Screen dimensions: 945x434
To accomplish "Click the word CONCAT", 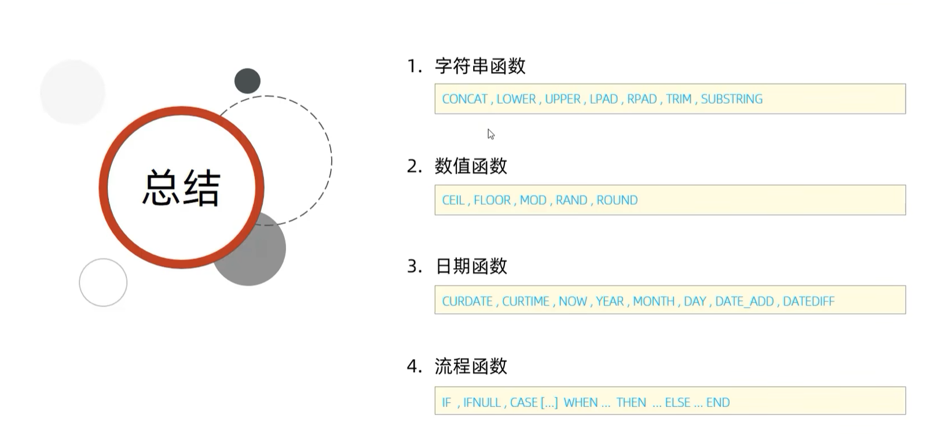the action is pyautogui.click(x=464, y=99).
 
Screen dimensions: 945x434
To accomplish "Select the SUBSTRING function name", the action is pyautogui.click(x=731, y=99).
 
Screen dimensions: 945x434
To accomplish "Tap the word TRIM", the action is pyautogui.click(x=678, y=99).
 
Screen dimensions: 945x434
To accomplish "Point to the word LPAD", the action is pyautogui.click(x=603, y=99).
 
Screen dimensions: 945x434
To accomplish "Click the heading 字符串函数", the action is pyautogui.click(x=480, y=66).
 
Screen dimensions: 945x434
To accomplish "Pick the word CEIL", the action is pyautogui.click(x=453, y=200).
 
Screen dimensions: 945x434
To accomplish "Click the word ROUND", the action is pyautogui.click(x=617, y=200).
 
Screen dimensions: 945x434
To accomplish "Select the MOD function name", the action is pyautogui.click(x=533, y=200).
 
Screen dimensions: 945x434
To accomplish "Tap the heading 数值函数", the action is pyautogui.click(x=471, y=166).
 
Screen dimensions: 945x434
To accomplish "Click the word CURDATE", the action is pyautogui.click(x=467, y=301).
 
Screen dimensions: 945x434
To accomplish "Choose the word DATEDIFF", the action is pyautogui.click(x=808, y=301).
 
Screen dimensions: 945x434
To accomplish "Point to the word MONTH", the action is pyautogui.click(x=653, y=301).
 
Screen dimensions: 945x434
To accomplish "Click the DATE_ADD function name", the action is pyautogui.click(x=744, y=301).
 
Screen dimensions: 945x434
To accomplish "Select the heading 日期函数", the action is pyautogui.click(x=471, y=266).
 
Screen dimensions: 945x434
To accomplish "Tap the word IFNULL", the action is pyautogui.click(x=482, y=403).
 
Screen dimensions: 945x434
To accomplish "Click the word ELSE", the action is pyautogui.click(x=677, y=403).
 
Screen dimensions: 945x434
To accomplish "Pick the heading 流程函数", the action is pyautogui.click(x=471, y=366).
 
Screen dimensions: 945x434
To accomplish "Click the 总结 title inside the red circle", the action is pyautogui.click(x=181, y=187).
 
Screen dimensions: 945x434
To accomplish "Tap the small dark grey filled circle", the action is pyautogui.click(x=247, y=81).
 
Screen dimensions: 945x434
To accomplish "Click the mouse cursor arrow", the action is pyautogui.click(x=490, y=134).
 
